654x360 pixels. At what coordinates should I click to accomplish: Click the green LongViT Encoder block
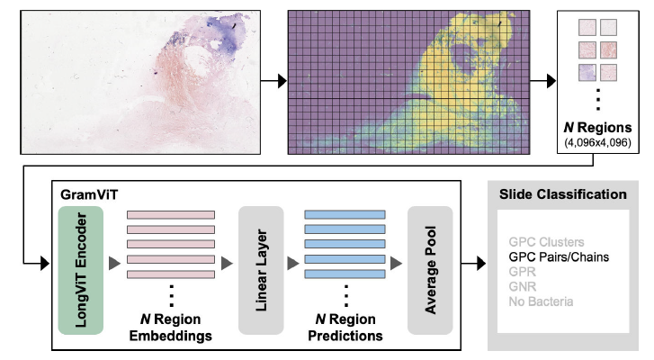point(82,271)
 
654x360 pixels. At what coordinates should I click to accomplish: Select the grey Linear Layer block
point(261,269)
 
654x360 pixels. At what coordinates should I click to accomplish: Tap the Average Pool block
point(430,271)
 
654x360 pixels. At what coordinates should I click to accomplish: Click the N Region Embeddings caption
point(170,328)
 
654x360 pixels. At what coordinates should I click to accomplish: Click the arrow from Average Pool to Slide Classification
point(471,264)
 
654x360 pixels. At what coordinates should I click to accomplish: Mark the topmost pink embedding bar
point(170,214)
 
